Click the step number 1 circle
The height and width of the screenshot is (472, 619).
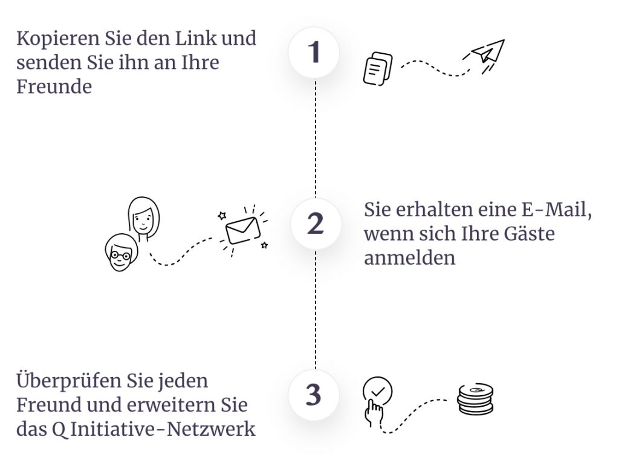pos(314,53)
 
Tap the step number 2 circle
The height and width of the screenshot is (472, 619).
pos(316,224)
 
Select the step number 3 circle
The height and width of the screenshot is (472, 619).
pos(314,395)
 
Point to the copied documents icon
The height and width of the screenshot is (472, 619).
pos(378,69)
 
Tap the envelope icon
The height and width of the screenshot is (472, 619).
pos(242,230)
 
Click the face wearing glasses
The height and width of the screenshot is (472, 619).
pos(121,253)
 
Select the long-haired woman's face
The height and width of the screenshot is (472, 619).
pos(144,218)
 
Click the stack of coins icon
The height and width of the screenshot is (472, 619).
pos(475,399)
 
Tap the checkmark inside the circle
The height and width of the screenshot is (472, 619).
pos(378,392)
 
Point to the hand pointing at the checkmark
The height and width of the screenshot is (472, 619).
pos(374,412)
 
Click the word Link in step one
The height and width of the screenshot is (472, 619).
pos(196,38)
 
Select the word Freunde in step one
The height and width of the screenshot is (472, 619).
pos(54,86)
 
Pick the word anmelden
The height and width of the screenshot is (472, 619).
pos(409,257)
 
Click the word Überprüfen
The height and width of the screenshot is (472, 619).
pos(69,381)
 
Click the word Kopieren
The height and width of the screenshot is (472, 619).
pos(58,39)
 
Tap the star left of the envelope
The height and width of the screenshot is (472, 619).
pos(222,216)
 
